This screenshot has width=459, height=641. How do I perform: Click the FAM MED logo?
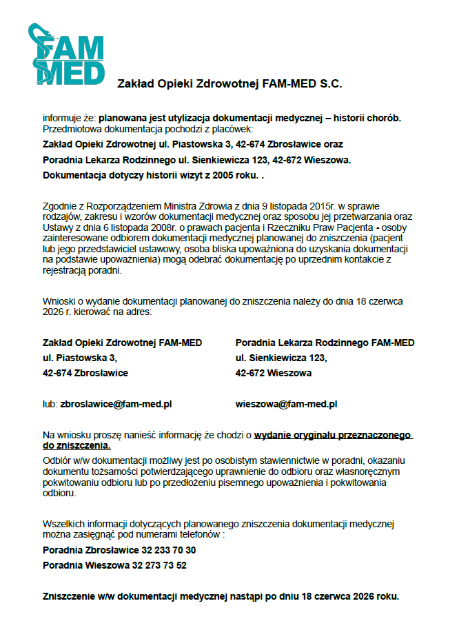(67, 54)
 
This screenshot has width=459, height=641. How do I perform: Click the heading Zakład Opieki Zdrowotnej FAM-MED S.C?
(229, 84)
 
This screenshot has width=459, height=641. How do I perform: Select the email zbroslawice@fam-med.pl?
(116, 405)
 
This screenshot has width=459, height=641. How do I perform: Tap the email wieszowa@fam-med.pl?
(286, 405)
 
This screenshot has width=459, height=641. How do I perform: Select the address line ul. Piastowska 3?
(80, 358)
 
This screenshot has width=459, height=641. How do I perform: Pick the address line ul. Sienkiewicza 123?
(281, 358)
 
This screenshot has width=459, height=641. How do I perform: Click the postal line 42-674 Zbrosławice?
(85, 373)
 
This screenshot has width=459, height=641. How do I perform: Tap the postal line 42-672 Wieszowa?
(274, 373)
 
